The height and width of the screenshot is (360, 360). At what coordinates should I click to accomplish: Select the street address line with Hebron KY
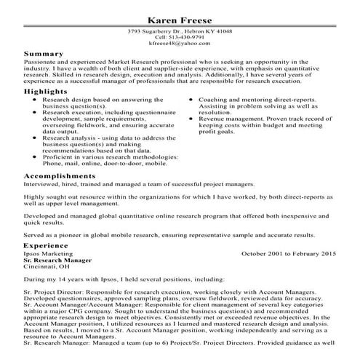(180, 33)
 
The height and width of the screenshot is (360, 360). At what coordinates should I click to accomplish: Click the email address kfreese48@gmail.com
(180, 45)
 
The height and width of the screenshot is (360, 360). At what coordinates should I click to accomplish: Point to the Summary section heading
(43, 54)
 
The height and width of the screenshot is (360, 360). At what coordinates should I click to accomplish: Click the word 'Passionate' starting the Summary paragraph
(39, 63)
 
